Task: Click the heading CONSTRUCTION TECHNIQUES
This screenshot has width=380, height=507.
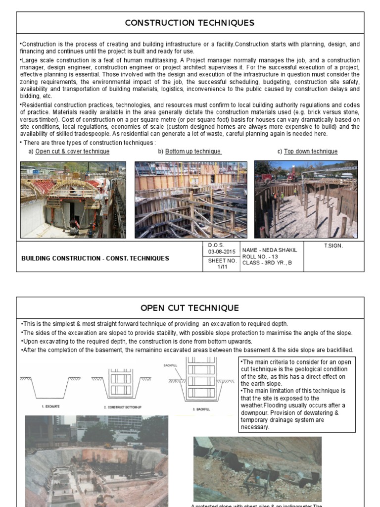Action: (190, 23)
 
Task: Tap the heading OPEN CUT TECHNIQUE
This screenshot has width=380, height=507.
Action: (190, 308)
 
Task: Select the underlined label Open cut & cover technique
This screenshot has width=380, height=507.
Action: (72, 152)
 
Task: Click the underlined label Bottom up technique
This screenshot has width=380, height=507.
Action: (193, 152)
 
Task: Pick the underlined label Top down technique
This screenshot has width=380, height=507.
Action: (311, 152)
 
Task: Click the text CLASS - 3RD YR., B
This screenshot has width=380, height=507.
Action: (267, 263)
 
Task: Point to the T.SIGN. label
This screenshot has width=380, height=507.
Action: (333, 246)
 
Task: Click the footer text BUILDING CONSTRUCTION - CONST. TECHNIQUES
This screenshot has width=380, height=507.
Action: (95, 258)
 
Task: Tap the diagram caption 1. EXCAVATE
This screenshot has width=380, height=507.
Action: (50, 406)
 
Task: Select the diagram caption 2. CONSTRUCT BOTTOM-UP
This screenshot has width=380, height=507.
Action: (122, 406)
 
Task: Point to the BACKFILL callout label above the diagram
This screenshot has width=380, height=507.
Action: (170, 365)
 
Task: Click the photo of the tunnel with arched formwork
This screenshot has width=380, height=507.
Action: (73, 200)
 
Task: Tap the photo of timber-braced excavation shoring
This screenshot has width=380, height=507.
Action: (190, 200)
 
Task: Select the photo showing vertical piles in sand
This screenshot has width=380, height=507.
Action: (306, 200)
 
